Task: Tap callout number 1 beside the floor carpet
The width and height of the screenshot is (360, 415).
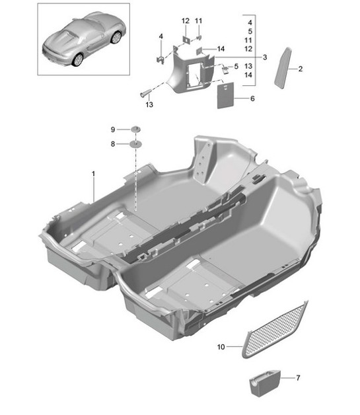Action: (93, 173)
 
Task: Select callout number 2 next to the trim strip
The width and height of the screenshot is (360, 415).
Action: (300, 69)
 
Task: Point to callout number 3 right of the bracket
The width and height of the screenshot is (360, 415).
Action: (264, 58)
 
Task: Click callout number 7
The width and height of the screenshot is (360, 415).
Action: (297, 378)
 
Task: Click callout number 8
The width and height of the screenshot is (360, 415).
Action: (112, 143)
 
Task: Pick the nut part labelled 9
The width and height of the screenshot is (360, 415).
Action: (135, 128)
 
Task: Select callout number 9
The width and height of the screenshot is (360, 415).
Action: (112, 129)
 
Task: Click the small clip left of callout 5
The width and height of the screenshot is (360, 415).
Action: (225, 67)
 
